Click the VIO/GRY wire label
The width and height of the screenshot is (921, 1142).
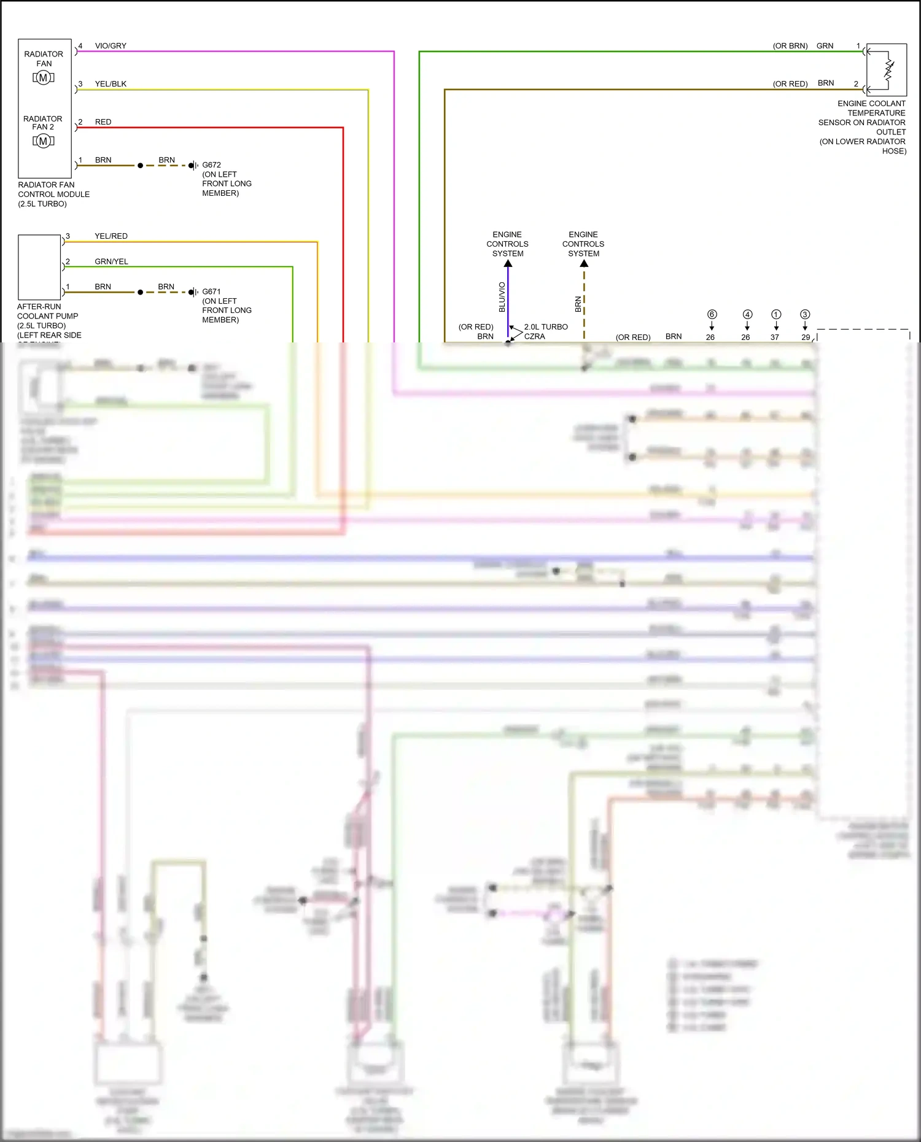pos(111,46)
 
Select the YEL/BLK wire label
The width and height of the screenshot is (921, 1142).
pos(111,84)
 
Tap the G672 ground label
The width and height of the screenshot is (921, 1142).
pos(211,165)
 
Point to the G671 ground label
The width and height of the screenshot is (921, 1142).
pos(211,291)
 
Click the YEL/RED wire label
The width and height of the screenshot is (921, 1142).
pos(111,236)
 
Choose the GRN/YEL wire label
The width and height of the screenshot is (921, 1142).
pos(111,261)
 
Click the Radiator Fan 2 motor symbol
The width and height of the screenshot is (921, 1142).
pos(43,141)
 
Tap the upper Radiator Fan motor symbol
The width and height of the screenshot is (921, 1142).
pos(43,77)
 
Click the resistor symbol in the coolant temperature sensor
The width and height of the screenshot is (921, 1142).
pos(888,69)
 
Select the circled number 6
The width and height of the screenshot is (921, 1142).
pos(712,314)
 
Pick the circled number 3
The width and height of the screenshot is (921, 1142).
pos(805,314)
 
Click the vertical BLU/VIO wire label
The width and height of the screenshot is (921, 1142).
pos(502,297)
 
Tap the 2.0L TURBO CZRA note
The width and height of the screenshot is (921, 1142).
pos(546,331)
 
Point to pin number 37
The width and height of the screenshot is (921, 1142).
pos(775,338)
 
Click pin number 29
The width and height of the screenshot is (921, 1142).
pos(806,338)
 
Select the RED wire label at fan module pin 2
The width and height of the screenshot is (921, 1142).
pos(103,122)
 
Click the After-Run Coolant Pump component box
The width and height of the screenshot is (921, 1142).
pos(39,267)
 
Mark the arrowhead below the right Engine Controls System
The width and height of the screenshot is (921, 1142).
pos(584,263)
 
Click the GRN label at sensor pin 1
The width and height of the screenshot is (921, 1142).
pos(825,46)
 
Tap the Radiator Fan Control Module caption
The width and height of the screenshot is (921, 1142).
pos(53,194)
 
